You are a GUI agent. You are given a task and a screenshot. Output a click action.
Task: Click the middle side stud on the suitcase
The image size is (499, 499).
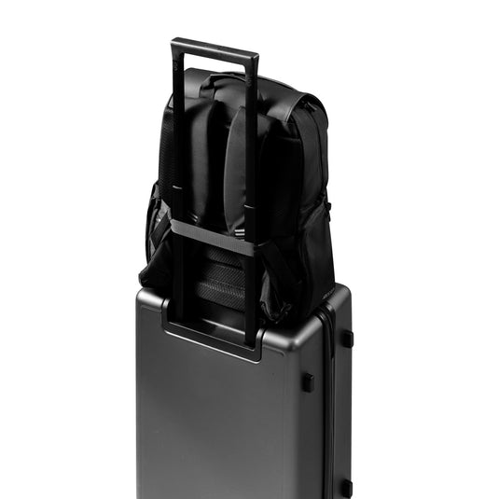click(x=307, y=381)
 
